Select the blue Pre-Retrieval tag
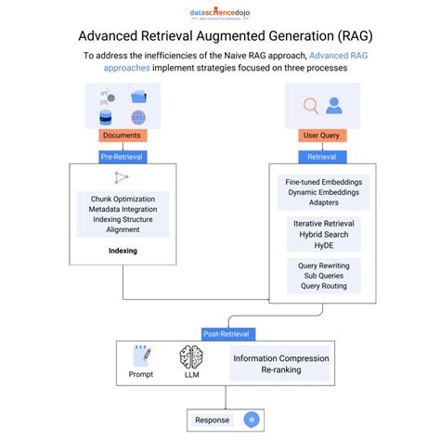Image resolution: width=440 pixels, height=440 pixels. tap(122, 158)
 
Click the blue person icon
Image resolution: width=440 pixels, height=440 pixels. tap(332, 105)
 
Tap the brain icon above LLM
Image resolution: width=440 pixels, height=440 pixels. tap(191, 357)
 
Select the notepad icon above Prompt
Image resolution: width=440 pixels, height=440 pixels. tap(141, 357)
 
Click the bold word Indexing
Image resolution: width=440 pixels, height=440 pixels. tap(123, 250)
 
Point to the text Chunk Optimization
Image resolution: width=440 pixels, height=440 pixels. tap(123, 197)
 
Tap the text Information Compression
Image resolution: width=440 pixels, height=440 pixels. tap(280, 357)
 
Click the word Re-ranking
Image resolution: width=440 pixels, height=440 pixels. tap(280, 371)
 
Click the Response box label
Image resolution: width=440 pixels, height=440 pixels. tap(212, 420)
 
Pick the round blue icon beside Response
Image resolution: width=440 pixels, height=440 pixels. tap(248, 420)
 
